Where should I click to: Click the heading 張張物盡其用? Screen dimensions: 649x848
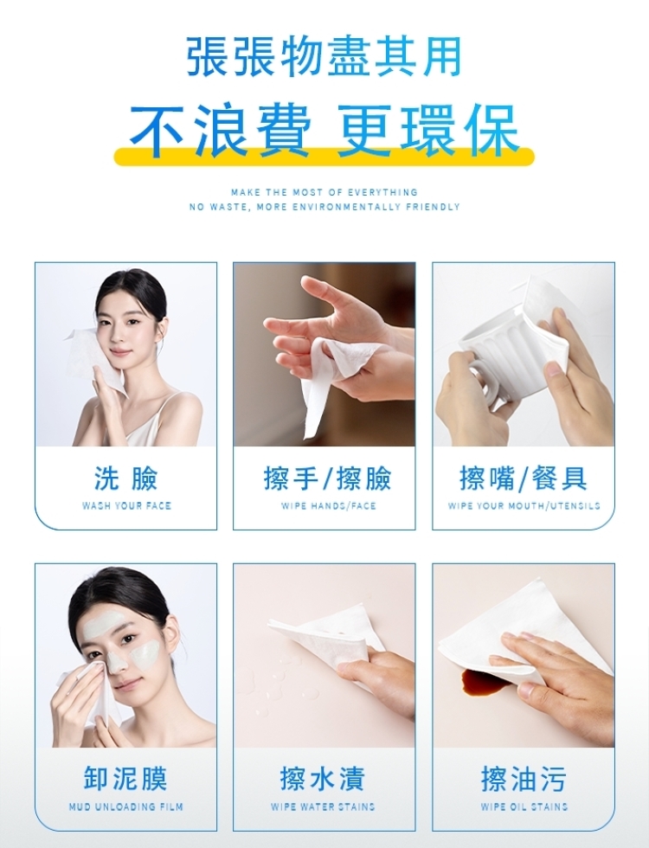[324, 55]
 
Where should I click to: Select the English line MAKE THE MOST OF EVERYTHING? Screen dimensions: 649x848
[324, 192]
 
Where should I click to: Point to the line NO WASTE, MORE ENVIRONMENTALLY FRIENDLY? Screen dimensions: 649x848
[324, 207]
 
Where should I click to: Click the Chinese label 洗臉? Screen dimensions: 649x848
[126, 478]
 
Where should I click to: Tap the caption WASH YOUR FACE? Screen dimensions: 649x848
[126, 506]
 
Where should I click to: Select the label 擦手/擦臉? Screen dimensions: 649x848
[328, 478]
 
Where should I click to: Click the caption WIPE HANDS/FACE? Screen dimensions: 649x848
[328, 506]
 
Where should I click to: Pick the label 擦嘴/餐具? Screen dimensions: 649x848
[523, 478]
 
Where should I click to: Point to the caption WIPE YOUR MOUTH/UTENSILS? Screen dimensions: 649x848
[524, 506]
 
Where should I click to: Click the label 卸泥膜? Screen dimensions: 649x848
[126, 779]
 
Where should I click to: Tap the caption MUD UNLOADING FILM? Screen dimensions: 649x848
[126, 806]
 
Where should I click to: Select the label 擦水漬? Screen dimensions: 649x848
[323, 779]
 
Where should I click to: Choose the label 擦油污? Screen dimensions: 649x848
[524, 779]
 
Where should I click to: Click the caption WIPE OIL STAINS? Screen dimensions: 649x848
[524, 806]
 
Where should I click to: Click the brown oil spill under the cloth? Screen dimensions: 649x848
[483, 682]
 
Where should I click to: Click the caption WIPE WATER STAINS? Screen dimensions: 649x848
[323, 806]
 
